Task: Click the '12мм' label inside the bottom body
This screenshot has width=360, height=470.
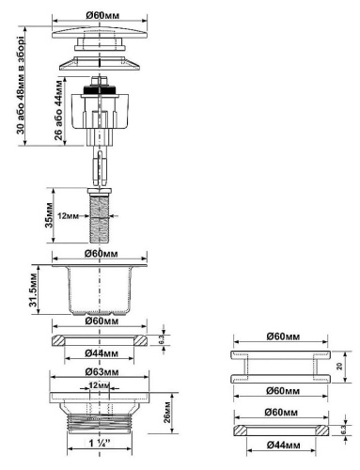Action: [x=99, y=385]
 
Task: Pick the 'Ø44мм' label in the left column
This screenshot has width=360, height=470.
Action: [x=100, y=353]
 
